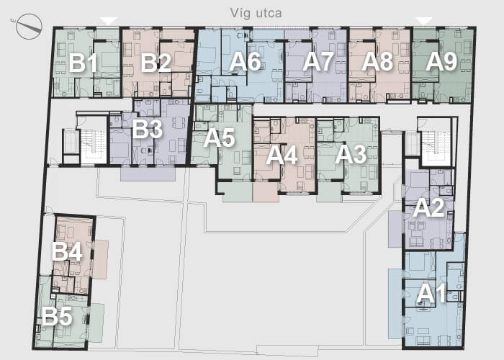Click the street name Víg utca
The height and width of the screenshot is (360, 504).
pyautogui.click(x=256, y=13)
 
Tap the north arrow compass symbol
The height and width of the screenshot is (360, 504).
pyautogui.click(x=29, y=27)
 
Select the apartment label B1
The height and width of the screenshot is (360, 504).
pyautogui.click(x=83, y=63)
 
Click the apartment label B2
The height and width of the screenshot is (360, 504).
pyautogui.click(x=156, y=63)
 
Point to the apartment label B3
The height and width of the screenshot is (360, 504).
pyautogui.click(x=147, y=129)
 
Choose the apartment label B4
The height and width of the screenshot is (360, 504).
pyautogui.click(x=67, y=251)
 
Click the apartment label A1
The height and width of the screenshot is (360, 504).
pyautogui.click(x=432, y=294)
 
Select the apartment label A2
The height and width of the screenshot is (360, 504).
pyautogui.click(x=429, y=208)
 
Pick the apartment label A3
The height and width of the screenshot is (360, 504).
pyautogui.click(x=351, y=155)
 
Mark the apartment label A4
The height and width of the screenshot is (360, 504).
pyautogui.click(x=282, y=156)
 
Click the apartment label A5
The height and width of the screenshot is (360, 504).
pyautogui.click(x=220, y=138)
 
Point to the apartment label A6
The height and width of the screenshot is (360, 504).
pyautogui.click(x=245, y=62)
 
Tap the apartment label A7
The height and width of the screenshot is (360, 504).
pyautogui.click(x=318, y=62)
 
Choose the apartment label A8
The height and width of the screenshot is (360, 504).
pyautogui.click(x=377, y=62)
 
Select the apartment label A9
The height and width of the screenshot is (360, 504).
pyautogui.click(x=441, y=62)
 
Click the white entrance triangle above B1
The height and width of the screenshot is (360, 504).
pyautogui.click(x=109, y=21)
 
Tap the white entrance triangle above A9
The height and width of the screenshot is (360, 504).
pyautogui.click(x=423, y=21)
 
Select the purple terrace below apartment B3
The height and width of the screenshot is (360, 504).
pyautogui.click(x=148, y=174)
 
